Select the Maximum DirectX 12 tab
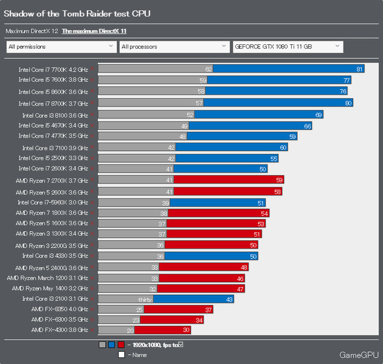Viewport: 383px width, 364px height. (32, 31)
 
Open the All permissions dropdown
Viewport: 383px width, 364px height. (61, 47)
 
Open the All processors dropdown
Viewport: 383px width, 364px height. (174, 47)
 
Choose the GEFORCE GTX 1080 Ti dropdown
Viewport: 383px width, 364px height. (288, 47)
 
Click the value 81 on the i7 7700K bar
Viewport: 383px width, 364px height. (359, 69)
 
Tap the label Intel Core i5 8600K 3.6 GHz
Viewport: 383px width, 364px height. (53, 92)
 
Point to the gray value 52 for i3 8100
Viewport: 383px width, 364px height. (190, 115)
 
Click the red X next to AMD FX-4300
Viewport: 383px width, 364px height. (92, 330)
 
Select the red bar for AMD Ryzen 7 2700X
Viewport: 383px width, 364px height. (229, 180)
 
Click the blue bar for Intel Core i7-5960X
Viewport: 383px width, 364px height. (218, 203)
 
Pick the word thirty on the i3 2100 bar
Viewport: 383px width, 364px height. (145, 300)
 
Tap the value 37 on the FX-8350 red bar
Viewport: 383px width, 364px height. (209, 310)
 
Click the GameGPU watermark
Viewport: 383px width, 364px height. (359, 355)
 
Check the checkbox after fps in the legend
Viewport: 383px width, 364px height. (181, 344)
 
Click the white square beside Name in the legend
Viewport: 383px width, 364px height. (122, 354)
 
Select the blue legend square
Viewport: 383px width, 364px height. (111, 345)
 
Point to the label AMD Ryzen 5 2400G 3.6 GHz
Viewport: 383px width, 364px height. (52, 268)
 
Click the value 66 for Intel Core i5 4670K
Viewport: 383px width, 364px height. (308, 126)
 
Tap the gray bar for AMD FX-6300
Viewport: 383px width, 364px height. (119, 320)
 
